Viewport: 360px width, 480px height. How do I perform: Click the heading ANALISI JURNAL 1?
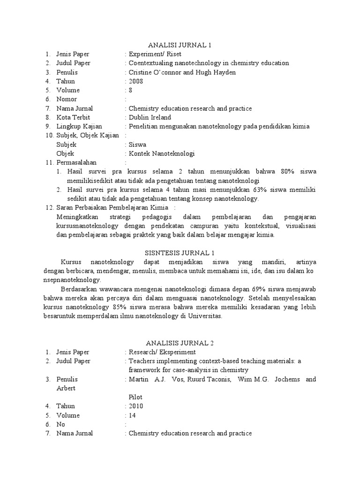tap(180, 45)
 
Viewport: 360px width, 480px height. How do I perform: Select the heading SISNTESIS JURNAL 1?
tap(180, 253)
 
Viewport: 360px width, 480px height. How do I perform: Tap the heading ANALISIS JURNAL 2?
tap(180, 343)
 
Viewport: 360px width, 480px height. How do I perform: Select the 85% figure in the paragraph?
tap(117, 307)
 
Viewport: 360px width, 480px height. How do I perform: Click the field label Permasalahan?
tap(76, 162)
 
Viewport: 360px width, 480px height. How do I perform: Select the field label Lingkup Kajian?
tap(79, 127)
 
